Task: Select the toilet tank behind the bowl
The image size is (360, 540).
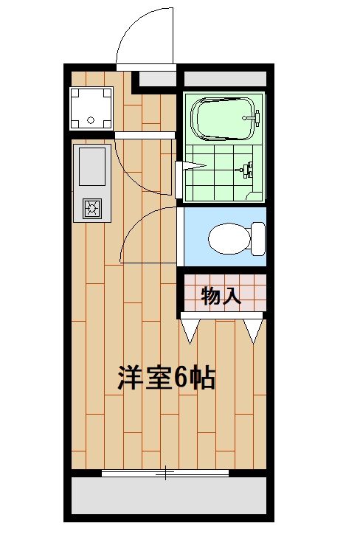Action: tap(257, 238)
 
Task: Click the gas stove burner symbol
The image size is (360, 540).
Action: tap(92, 208)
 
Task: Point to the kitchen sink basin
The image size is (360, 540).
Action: tap(91, 166)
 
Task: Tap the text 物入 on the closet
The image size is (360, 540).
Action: tap(221, 297)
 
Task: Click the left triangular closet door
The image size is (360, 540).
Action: tap(190, 329)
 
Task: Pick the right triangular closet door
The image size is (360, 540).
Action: tap(253, 329)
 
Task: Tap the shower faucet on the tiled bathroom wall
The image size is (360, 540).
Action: tap(246, 170)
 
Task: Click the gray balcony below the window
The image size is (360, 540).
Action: tap(168, 495)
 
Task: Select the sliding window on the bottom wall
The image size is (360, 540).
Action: tap(165, 473)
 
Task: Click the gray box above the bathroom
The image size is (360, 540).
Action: tap(224, 78)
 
